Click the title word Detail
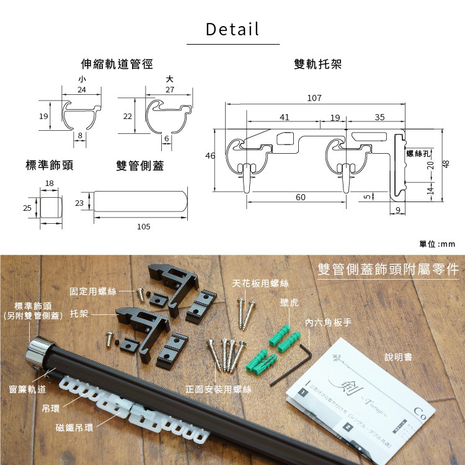click(232, 29)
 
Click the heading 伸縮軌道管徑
click(117, 64)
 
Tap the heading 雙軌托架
click(318, 64)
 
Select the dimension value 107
click(314, 99)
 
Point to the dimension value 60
click(300, 197)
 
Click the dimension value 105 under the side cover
click(144, 227)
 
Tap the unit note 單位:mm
click(437, 244)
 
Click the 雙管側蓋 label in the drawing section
click(140, 166)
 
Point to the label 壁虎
click(290, 302)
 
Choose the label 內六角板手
click(328, 323)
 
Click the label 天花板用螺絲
click(260, 283)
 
